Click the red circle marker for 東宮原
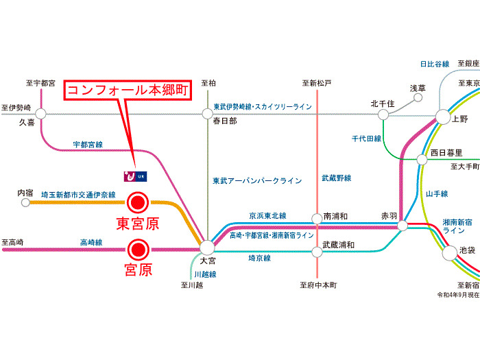[x=139, y=202]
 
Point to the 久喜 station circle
[x=40, y=114]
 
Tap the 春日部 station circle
[x=207, y=114]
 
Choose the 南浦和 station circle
[x=317, y=219]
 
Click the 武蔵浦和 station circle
[x=317, y=252]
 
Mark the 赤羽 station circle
[x=403, y=225]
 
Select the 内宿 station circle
[x=27, y=204]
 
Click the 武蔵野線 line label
[x=336, y=178]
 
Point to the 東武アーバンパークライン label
[x=257, y=181]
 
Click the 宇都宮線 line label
[x=88, y=145]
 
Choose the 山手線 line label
[x=436, y=194]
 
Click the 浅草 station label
[x=418, y=88]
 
